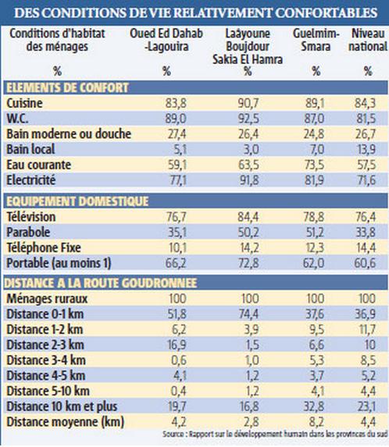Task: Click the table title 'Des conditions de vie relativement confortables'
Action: pos(196,12)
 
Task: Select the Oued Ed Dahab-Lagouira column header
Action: pos(166,40)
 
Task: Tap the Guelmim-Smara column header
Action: pos(316,40)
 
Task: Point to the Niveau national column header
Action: pos(368,40)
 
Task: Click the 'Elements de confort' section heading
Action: pos(67,87)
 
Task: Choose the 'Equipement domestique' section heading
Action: pos(77,201)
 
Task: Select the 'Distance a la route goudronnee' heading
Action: pos(101,283)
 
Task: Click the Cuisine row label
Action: pos(24,103)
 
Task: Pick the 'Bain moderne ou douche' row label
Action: pos(69,133)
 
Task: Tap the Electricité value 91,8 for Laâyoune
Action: pos(249,180)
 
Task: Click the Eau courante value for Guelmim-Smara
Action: pos(314,165)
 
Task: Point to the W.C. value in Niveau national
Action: pos(366,119)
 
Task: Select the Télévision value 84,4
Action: pos(248,217)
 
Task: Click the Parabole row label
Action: pos(28,232)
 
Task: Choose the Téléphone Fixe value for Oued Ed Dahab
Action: pos(177,248)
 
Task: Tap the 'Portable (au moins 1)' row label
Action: pos(59,263)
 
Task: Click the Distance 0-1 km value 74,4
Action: pos(248,314)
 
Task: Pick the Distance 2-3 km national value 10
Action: pos(370,345)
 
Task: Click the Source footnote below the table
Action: pos(275,434)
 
